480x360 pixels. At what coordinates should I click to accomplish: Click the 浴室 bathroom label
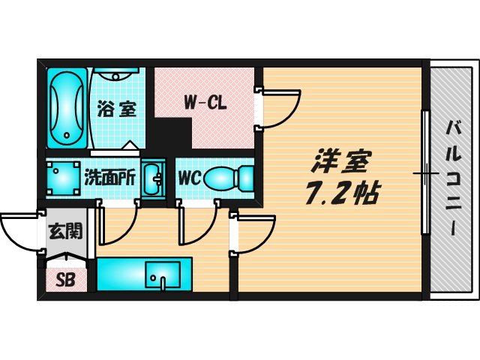pyautogui.click(x=117, y=109)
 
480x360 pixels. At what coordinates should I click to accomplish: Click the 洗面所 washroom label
pyautogui.click(x=109, y=178)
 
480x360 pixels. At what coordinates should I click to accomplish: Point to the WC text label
pyautogui.click(x=188, y=179)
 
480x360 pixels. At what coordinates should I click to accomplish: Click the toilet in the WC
pyautogui.click(x=228, y=178)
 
